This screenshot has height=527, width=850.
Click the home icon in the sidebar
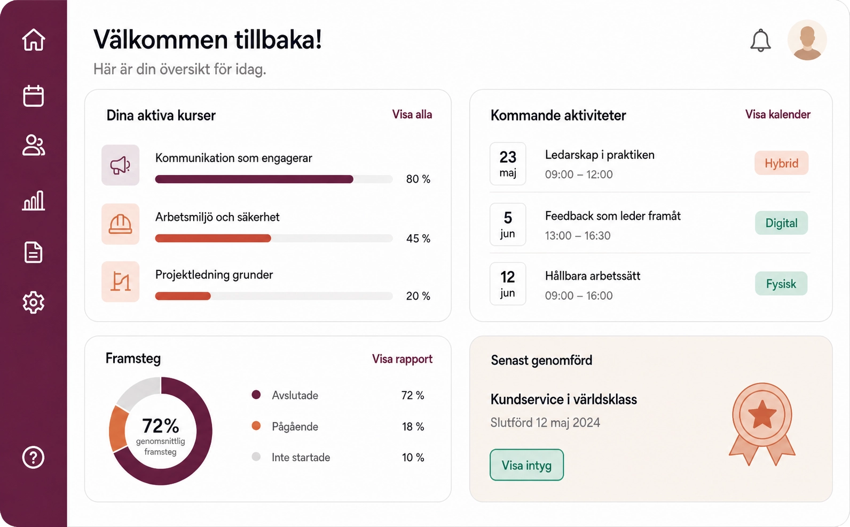[x=34, y=39]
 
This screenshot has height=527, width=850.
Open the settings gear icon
[x=34, y=302]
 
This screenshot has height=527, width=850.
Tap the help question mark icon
[x=34, y=457]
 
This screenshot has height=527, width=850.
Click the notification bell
[x=760, y=40]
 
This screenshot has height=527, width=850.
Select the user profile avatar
[x=807, y=40]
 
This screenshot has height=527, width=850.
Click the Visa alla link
[x=412, y=115]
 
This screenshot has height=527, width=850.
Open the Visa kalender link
[x=778, y=115]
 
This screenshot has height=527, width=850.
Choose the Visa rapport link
[x=402, y=359]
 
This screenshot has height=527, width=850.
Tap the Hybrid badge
[x=781, y=163]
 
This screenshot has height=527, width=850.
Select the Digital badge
[x=781, y=223]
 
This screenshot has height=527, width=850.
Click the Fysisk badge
[x=781, y=284]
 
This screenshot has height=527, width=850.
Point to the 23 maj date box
[x=508, y=164]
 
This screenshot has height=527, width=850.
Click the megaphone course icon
[x=120, y=165]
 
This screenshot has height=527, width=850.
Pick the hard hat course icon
[x=120, y=224]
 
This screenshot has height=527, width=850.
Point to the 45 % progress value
[x=418, y=238]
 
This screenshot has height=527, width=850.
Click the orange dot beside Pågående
[x=256, y=426]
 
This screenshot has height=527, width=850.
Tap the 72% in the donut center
[x=161, y=426]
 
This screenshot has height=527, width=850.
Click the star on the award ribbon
[x=762, y=414]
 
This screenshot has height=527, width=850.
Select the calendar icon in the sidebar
[x=34, y=95]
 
